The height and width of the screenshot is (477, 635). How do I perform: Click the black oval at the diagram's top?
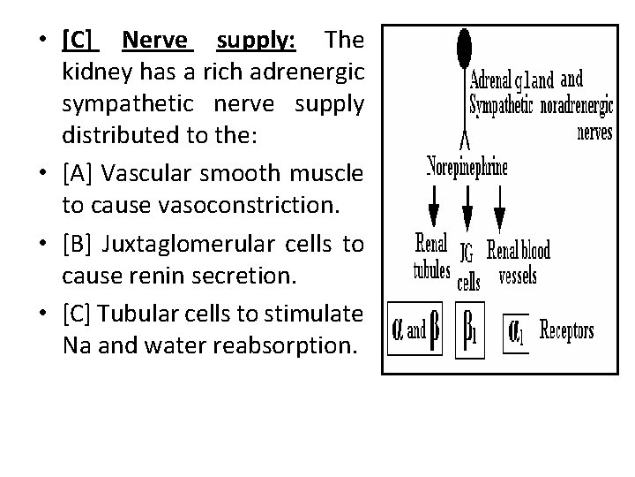click(x=464, y=45)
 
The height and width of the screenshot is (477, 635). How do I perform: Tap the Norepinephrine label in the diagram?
click(x=467, y=169)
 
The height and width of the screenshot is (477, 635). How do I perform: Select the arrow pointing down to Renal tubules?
click(x=433, y=209)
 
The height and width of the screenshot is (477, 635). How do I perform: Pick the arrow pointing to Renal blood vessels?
click(x=500, y=210)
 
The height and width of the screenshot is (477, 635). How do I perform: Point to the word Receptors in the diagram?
click(x=566, y=332)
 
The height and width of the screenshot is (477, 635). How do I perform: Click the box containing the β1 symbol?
click(x=470, y=332)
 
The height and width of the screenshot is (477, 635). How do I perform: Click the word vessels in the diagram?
click(x=518, y=275)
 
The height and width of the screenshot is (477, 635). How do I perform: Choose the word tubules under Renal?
click(x=432, y=270)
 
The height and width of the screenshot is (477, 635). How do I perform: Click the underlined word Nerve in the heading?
click(x=155, y=40)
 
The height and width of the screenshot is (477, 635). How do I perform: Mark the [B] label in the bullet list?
click(x=78, y=245)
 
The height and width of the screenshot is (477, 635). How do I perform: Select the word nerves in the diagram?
click(x=596, y=132)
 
